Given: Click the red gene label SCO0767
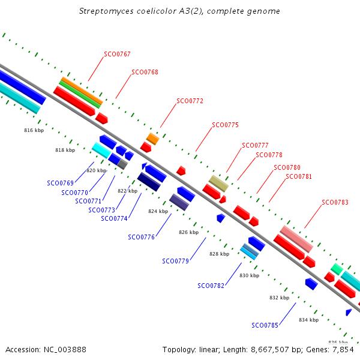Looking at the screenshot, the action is pyautogui.click(x=117, y=54).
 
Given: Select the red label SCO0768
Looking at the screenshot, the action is pyautogui.click(x=145, y=72).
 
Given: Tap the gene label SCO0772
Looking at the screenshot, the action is pyautogui.click(x=190, y=101).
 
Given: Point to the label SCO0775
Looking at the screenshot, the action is pyautogui.click(x=225, y=125).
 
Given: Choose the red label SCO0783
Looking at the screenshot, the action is pyautogui.click(x=335, y=202).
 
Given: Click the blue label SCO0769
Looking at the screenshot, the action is pyautogui.click(x=61, y=183).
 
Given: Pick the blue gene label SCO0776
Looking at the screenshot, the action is pyautogui.click(x=142, y=237).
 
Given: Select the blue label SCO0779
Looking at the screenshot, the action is pyautogui.click(x=175, y=261).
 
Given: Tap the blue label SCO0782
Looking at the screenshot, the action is pyautogui.click(x=211, y=286).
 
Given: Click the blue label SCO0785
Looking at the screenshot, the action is pyautogui.click(x=265, y=325).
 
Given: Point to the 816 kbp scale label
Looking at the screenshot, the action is pyautogui.click(x=34, y=130).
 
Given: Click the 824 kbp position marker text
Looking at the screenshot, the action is pyautogui.click(x=158, y=211).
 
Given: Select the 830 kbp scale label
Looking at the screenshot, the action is pyautogui.click(x=250, y=275).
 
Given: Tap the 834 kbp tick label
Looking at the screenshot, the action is pyautogui.click(x=309, y=320).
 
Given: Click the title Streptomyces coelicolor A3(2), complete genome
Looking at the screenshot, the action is pyautogui.click(x=179, y=11).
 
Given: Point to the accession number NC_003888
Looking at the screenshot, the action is pyautogui.click(x=65, y=350).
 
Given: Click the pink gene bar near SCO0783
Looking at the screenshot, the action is pyautogui.click(x=296, y=239).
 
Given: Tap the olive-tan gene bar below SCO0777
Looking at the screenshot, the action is pyautogui.click(x=218, y=184).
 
